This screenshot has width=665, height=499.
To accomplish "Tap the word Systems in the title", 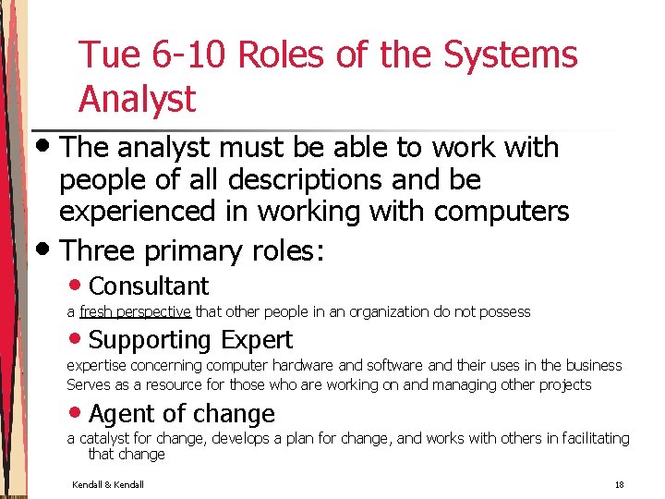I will pyautogui.click(x=510, y=55).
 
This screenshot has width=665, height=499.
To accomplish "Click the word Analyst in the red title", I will pyautogui.click(x=138, y=99).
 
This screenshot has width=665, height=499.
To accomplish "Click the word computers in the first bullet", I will pyautogui.click(x=500, y=211).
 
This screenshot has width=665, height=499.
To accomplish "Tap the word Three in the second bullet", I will pyautogui.click(x=99, y=250).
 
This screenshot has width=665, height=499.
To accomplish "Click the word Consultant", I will pyautogui.click(x=149, y=286).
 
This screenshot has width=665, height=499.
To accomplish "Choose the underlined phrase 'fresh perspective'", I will pyautogui.click(x=135, y=311).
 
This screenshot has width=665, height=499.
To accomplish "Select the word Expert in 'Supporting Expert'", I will pyautogui.click(x=254, y=340).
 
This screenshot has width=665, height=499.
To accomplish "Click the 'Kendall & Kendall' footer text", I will pyautogui.click(x=107, y=485).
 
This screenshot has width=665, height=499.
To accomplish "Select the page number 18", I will pyautogui.click(x=619, y=485).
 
